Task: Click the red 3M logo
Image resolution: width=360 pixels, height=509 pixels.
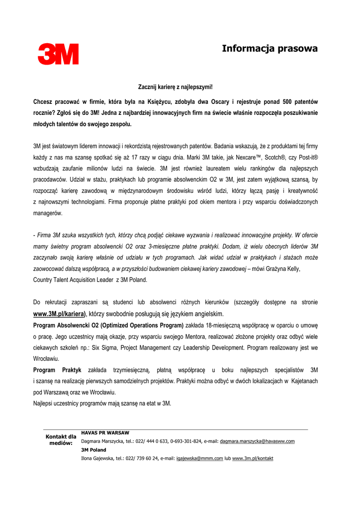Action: (x=58, y=54)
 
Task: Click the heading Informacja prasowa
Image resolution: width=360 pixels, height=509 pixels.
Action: (x=270, y=49)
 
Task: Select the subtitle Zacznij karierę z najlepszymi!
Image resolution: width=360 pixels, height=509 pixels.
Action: (x=175, y=87)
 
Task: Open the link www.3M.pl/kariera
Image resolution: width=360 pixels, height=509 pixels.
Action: (x=59, y=314)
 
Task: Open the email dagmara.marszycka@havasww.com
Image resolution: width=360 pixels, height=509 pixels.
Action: (x=257, y=441)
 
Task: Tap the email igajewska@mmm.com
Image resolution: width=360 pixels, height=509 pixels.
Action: (x=199, y=458)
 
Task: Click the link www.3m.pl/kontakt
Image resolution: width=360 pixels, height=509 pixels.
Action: (x=253, y=458)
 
